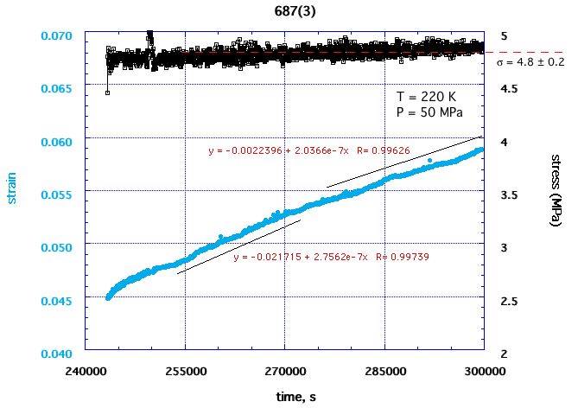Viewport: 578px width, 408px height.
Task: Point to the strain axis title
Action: [x=12, y=191]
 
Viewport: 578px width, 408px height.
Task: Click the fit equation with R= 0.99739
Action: [x=332, y=258]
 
